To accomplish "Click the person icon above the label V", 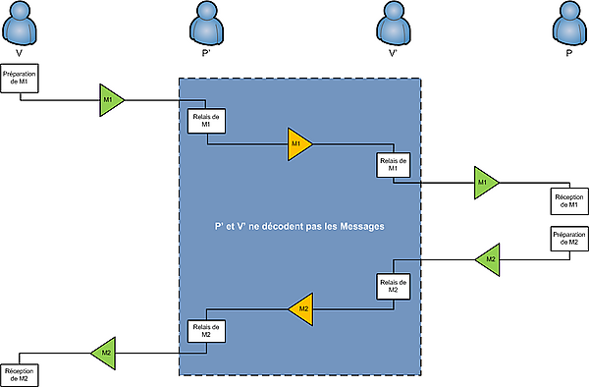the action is click(20, 23).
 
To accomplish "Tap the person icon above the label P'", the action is click(206, 23).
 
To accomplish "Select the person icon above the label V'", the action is click(394, 23).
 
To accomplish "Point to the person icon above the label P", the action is click(569, 23).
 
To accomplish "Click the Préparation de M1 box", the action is click(20, 79).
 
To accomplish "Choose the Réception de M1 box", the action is click(569, 201).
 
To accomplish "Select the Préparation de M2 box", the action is click(569, 239).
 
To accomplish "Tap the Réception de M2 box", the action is click(20, 375).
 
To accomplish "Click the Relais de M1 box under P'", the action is click(206, 121).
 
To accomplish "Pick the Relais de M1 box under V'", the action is click(394, 165).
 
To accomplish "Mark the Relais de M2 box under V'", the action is click(394, 286).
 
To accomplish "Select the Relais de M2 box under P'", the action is click(206, 331).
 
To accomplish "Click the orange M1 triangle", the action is click(299, 144).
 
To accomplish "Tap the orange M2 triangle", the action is click(301, 309).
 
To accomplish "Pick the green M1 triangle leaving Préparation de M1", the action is click(112, 100).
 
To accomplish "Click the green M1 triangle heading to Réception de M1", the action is click(486, 183).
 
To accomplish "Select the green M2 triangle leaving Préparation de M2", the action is click(488, 259).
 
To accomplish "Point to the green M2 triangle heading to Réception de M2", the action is click(103, 354).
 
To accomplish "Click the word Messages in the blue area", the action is click(362, 227).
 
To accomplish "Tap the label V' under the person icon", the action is click(394, 53).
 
